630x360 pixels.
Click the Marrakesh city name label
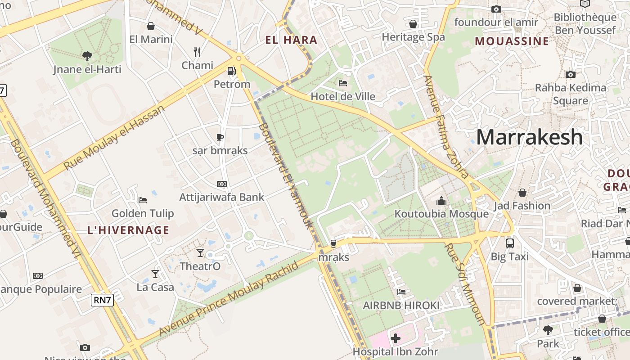529,137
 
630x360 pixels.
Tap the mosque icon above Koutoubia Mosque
441,201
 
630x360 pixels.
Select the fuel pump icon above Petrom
232,71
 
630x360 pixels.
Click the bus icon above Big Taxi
510,243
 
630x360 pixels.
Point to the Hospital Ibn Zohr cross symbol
396,338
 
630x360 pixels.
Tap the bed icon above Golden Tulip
143,200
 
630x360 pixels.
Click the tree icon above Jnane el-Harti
87,56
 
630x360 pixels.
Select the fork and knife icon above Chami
197,52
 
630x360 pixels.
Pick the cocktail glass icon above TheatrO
200,253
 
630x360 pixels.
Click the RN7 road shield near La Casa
102,300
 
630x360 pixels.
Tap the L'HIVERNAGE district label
128,230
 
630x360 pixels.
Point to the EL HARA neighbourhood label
291,40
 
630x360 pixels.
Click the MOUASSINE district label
512,41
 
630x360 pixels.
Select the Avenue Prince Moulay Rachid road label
229,299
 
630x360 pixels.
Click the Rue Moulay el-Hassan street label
115,138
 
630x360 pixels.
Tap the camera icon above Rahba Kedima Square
571,74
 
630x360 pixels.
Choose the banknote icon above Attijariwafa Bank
222,184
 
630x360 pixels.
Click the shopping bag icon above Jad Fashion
522,193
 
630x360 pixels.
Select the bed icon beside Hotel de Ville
343,83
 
